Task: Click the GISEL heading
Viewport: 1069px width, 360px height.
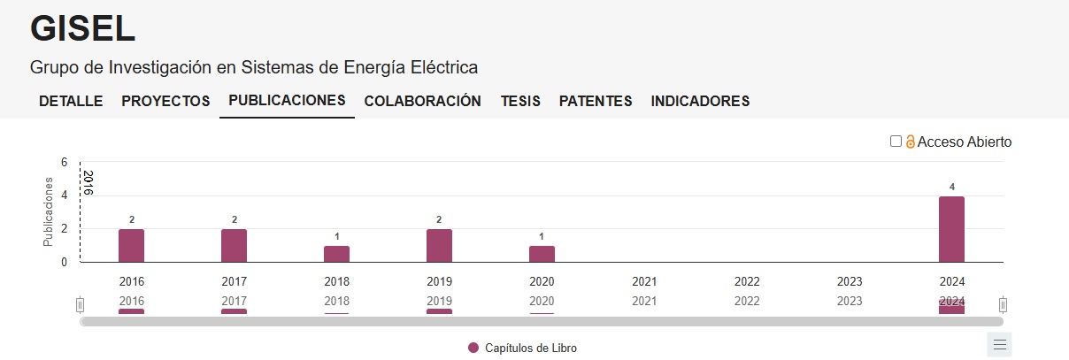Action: (x=82, y=29)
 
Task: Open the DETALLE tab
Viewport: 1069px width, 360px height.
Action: (x=71, y=101)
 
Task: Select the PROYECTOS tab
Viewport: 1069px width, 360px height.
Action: (x=165, y=101)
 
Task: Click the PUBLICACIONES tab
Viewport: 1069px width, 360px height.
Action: (x=287, y=100)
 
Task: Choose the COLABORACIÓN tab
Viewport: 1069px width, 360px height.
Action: (x=422, y=101)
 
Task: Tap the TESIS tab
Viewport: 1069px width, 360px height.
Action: (x=520, y=101)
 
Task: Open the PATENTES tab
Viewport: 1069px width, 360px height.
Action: (x=596, y=101)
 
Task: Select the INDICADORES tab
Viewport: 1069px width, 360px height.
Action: (x=700, y=101)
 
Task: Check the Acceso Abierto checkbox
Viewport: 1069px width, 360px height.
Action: (x=896, y=142)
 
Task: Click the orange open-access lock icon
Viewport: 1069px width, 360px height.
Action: (x=910, y=142)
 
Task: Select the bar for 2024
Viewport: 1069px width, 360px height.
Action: (x=951, y=229)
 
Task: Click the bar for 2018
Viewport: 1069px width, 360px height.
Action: (x=336, y=254)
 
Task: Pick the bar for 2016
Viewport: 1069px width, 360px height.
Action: (x=131, y=246)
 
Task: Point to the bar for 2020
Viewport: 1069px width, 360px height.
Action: (x=542, y=254)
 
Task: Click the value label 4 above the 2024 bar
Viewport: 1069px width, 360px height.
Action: (x=952, y=187)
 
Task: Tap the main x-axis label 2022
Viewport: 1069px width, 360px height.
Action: (x=747, y=281)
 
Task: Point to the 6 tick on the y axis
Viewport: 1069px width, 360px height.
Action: (x=64, y=162)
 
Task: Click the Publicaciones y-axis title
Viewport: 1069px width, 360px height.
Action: (x=50, y=212)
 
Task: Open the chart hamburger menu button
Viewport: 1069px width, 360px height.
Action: (x=999, y=344)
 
